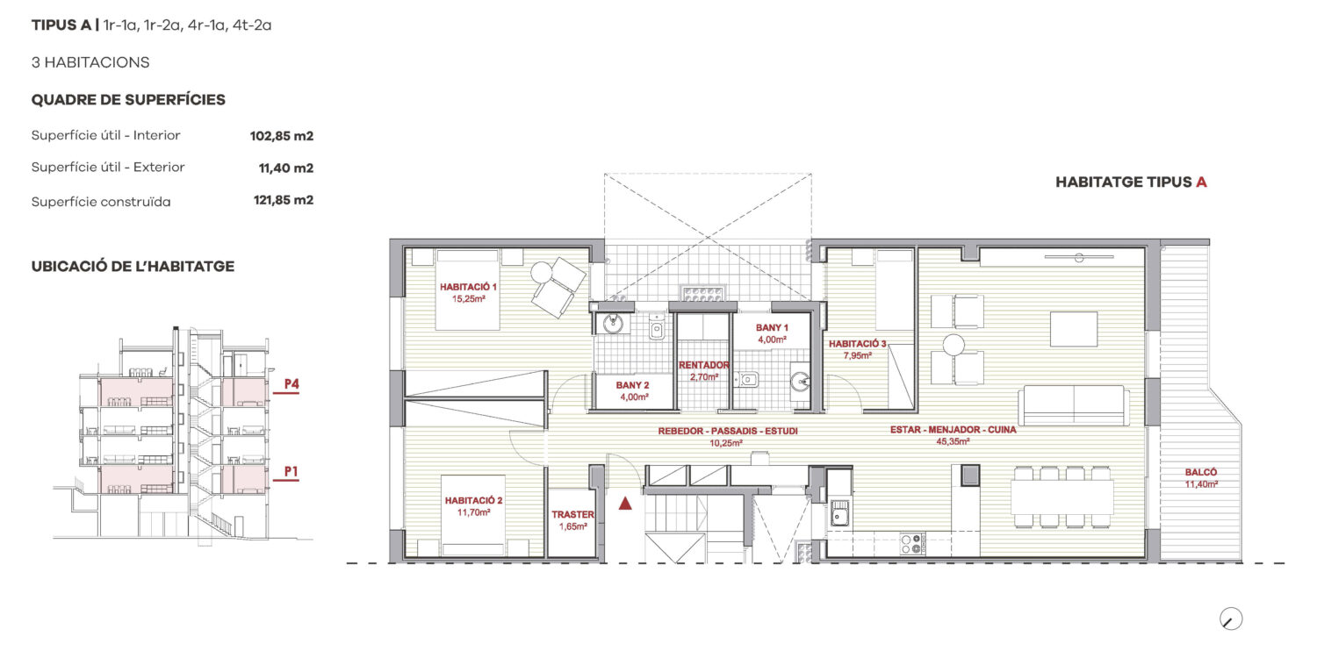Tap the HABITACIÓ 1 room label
tap(468, 287)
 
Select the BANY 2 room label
tap(633, 385)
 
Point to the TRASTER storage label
tap(572, 515)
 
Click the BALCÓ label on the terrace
tap(1200, 472)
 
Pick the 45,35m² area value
tap(953, 442)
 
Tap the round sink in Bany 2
tap(613, 323)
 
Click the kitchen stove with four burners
tap(911, 543)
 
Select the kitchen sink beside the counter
tap(839, 513)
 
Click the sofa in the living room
tap(1074, 404)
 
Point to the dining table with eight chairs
tap(1062, 497)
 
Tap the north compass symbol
tap(1231, 619)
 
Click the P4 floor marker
tap(291, 384)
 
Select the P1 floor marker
tap(291, 472)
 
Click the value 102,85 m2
tap(282, 136)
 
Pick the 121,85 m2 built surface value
tap(284, 200)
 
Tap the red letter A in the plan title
tap(1201, 182)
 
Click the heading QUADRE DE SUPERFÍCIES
tap(128, 100)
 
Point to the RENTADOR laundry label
tap(704, 366)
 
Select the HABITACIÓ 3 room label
tap(857, 344)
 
